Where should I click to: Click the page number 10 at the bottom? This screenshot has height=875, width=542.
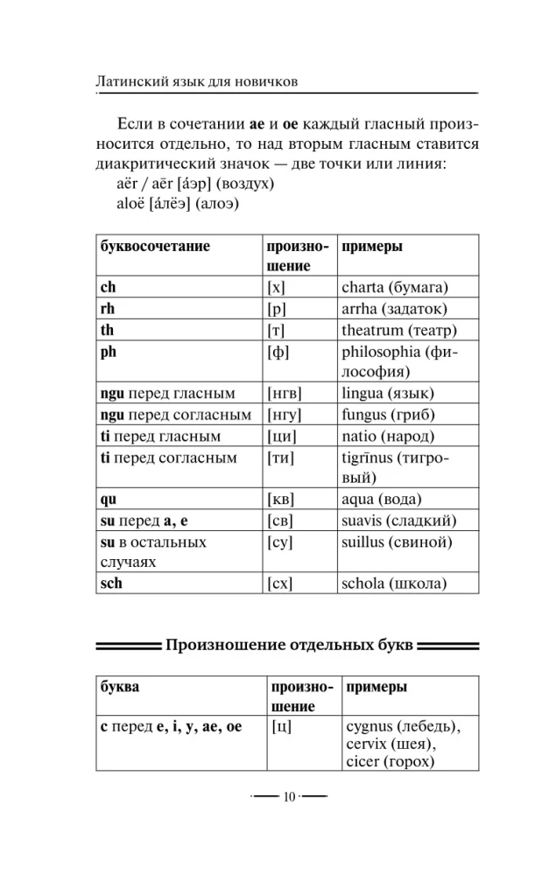tap(288, 797)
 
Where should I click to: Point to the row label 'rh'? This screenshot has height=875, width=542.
tap(108, 309)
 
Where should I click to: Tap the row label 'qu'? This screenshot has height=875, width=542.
tap(109, 500)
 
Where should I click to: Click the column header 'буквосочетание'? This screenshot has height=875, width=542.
tap(155, 247)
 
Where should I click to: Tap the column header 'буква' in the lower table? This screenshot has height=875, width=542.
tap(120, 688)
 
